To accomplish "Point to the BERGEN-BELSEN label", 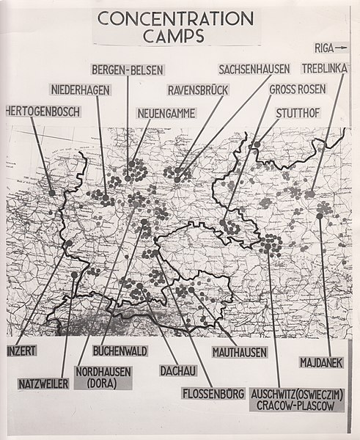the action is pos(128,70).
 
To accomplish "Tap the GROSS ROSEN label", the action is pos(300,90).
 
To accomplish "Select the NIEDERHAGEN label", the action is pos(81,90).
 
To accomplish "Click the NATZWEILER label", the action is pos(45,383).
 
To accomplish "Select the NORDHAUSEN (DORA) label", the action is pos(103,376).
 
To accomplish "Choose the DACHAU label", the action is pos(177,370).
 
